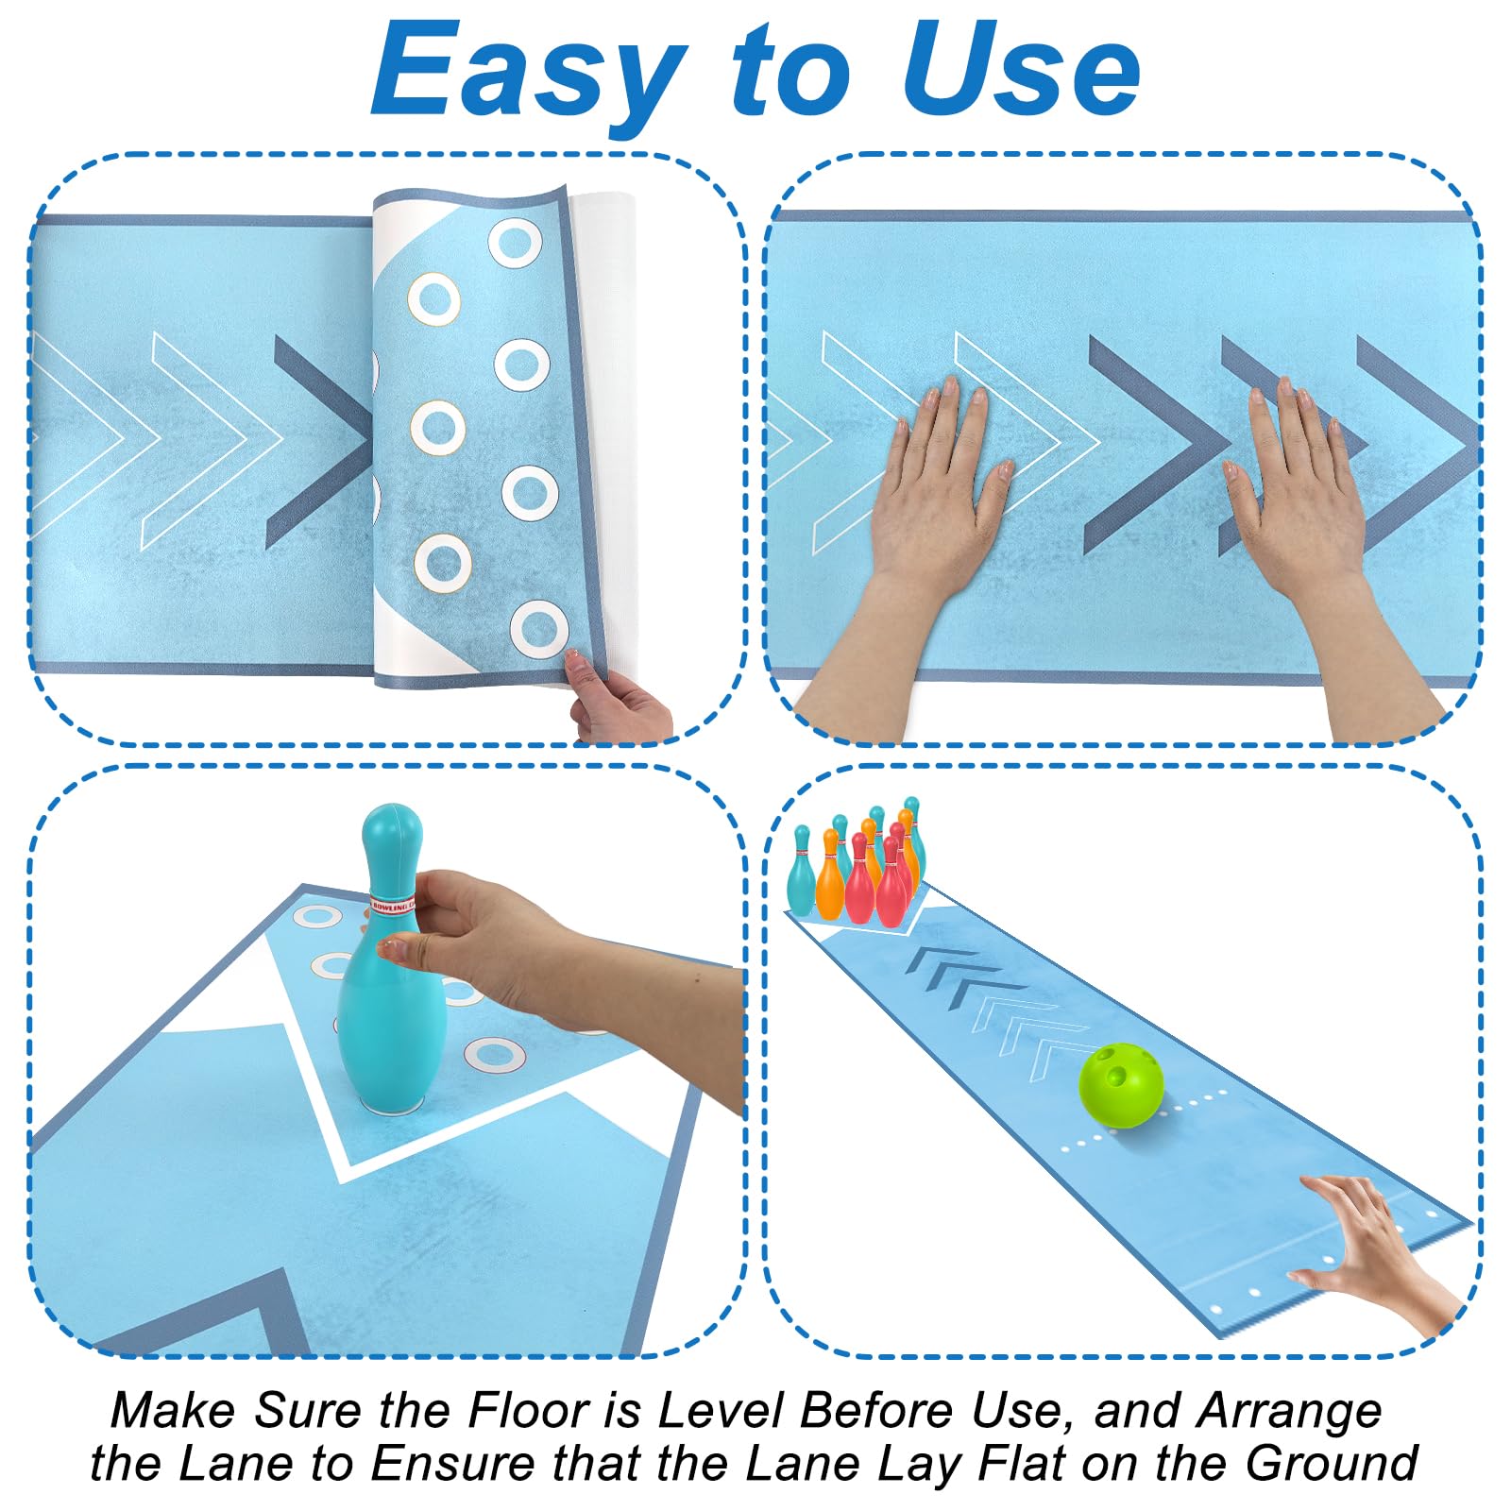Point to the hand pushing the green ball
(1369, 1247)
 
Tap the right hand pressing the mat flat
(1313, 510)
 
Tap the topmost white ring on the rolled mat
(515, 243)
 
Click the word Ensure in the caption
(453, 1464)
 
